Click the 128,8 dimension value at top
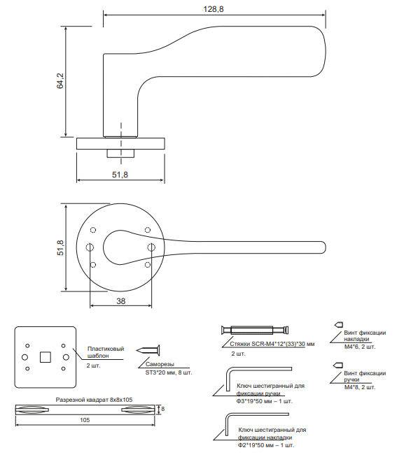tap(214, 9)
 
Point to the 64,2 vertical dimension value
tap(60, 81)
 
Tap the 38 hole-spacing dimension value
tap(121, 301)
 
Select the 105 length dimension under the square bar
tap(85, 420)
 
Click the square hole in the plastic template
tap(46, 357)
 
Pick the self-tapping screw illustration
tap(148, 351)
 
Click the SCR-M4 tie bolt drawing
tap(255, 330)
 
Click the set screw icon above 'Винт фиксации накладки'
tap(339, 325)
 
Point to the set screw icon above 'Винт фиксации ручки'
tap(339, 365)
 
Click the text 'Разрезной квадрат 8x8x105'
tap(94, 400)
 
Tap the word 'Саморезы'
tap(160, 364)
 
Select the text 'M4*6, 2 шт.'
tap(360, 347)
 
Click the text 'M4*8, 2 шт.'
tap(360, 387)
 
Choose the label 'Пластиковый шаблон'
tap(106, 352)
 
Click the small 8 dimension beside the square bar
tap(162, 409)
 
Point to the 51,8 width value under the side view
tap(120, 175)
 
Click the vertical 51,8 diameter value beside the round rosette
tap(60, 247)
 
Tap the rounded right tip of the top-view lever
tap(326, 247)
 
